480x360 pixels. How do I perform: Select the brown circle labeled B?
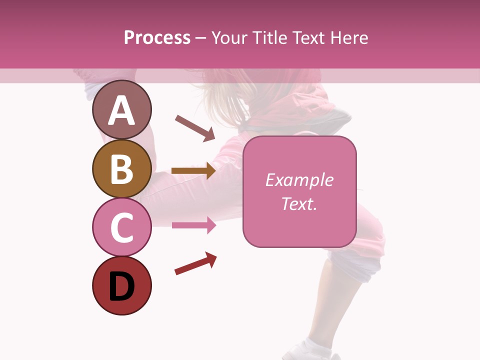tap(121, 168)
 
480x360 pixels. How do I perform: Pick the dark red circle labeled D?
tap(121, 285)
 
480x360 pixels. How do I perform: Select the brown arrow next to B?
tap(193, 170)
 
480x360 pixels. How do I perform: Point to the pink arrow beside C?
tap(193, 225)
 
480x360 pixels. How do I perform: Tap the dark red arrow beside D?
tap(195, 263)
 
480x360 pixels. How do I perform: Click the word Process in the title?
tap(157, 37)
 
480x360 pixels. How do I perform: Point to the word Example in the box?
tap(299, 180)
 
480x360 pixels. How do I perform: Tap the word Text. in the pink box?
tap(299, 203)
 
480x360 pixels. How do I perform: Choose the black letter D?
tap(121, 287)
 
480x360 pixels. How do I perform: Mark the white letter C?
tap(121, 227)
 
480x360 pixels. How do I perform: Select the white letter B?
tap(121, 169)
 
